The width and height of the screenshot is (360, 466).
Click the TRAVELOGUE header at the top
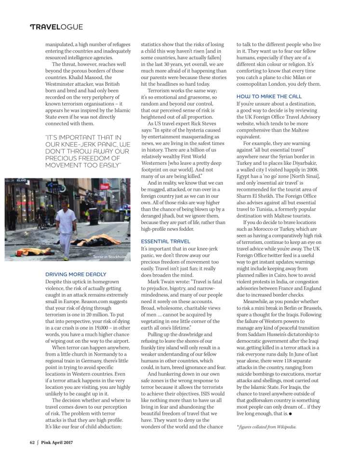56,27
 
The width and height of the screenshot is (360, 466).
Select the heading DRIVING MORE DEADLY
76,274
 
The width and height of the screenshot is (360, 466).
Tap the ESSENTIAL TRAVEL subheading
165,241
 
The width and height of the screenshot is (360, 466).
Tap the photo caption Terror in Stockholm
109,257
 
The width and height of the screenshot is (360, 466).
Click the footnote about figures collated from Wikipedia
267,426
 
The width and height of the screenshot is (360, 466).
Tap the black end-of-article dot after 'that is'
292,413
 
